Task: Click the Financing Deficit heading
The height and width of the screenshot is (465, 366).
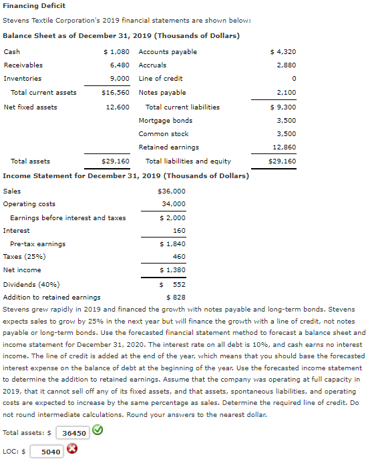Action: pyautogui.click(x=34, y=6)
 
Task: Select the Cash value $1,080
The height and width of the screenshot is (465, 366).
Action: pyautogui.click(x=115, y=51)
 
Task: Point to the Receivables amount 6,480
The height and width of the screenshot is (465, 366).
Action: pyautogui.click(x=119, y=65)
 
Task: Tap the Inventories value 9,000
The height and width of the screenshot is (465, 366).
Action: pyautogui.click(x=119, y=79)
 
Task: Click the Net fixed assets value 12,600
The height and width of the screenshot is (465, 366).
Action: pyautogui.click(x=118, y=107)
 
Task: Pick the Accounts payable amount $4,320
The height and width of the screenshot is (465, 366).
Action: pyautogui.click(x=283, y=51)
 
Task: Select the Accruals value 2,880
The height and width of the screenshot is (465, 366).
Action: pyautogui.click(x=286, y=65)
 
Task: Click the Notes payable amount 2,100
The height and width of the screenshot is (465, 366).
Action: pyautogui.click(x=286, y=92)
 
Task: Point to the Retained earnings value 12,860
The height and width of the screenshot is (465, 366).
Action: pyautogui.click(x=285, y=147)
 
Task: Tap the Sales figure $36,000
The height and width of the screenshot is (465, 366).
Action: pyautogui.click(x=172, y=191)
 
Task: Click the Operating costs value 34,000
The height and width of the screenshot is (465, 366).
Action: pyautogui.click(x=174, y=203)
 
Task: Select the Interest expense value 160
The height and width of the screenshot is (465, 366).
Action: pyautogui.click(x=179, y=230)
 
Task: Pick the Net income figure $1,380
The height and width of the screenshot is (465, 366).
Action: pyautogui.click(x=172, y=270)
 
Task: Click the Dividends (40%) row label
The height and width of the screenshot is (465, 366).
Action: pyautogui.click(x=27, y=284)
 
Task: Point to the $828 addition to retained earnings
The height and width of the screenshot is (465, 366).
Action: pyautogui.click(x=175, y=297)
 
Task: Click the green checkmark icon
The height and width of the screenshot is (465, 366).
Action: pyautogui.click(x=97, y=430)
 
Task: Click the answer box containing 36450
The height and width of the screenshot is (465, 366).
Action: pyautogui.click(x=73, y=432)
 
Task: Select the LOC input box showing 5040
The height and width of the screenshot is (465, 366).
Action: pyautogui.click(x=49, y=452)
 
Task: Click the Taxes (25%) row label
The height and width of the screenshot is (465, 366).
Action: pyautogui.click(x=21, y=256)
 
